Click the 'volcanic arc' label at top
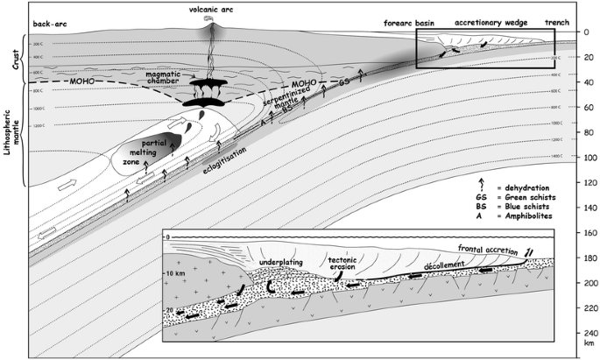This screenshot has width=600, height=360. point(210,8)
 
